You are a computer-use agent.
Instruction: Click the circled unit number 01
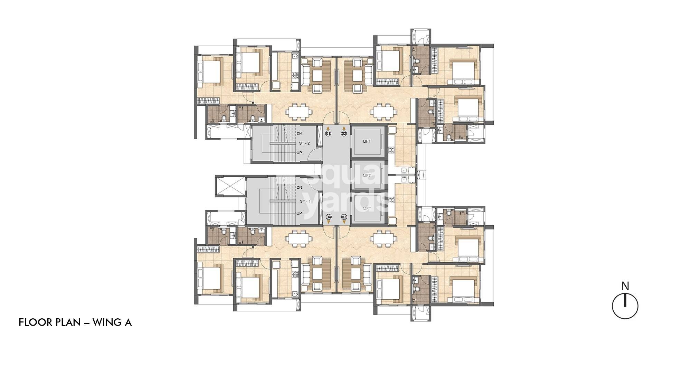[x=328, y=133]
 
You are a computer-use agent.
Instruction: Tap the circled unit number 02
[x=344, y=133]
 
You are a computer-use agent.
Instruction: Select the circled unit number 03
[x=344, y=217]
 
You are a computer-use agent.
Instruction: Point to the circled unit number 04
[x=329, y=217]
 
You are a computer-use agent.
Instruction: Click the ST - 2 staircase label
[x=304, y=143]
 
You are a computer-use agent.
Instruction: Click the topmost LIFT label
[x=367, y=141]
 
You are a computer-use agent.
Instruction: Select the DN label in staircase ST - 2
[x=299, y=133]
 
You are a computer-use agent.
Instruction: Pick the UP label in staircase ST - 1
[x=299, y=213]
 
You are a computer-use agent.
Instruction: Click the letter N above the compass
[x=625, y=286]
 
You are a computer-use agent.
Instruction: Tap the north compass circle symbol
[x=625, y=306]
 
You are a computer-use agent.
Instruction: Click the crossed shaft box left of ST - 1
[x=227, y=186]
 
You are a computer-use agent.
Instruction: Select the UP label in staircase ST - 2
[x=299, y=153]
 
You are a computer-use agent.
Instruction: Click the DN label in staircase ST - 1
[x=299, y=187]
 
